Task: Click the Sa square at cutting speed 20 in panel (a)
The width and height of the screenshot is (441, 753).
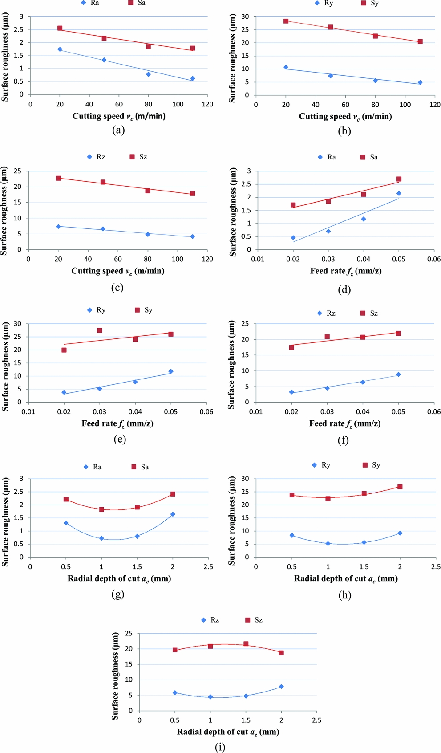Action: click(x=60, y=28)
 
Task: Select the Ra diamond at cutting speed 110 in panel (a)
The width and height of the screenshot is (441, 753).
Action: click(x=193, y=78)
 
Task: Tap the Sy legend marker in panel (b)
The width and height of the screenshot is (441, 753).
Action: click(x=364, y=3)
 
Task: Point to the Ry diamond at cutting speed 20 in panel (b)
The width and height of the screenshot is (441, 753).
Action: click(x=286, y=67)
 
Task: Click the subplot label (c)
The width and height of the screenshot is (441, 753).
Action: click(x=117, y=287)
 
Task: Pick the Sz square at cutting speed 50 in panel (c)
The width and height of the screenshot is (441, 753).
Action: click(x=103, y=182)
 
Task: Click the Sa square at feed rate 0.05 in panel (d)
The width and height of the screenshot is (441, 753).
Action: click(x=399, y=179)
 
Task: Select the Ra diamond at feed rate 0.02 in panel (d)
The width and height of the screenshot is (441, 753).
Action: click(x=293, y=238)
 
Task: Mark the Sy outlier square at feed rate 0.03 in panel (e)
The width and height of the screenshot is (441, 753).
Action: click(x=100, y=330)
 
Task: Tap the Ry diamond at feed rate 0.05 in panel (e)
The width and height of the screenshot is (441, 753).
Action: click(x=171, y=371)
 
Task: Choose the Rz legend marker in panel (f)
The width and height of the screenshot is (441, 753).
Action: click(x=320, y=313)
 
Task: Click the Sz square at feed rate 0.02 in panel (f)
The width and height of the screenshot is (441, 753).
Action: click(x=291, y=347)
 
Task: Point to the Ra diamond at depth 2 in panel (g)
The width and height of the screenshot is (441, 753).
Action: click(x=173, y=514)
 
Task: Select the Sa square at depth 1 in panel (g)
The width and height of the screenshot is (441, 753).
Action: click(x=101, y=509)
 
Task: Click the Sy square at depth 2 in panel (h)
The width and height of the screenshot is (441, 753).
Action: click(x=400, y=487)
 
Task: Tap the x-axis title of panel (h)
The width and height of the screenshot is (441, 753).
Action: click(x=346, y=578)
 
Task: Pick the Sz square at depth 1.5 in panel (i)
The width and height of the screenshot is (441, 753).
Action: click(x=246, y=644)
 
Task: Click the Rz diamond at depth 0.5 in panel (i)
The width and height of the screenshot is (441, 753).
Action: click(x=175, y=692)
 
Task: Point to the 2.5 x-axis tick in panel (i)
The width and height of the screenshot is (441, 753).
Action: click(x=316, y=720)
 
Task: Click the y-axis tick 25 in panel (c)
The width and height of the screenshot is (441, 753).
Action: click(x=17, y=171)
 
